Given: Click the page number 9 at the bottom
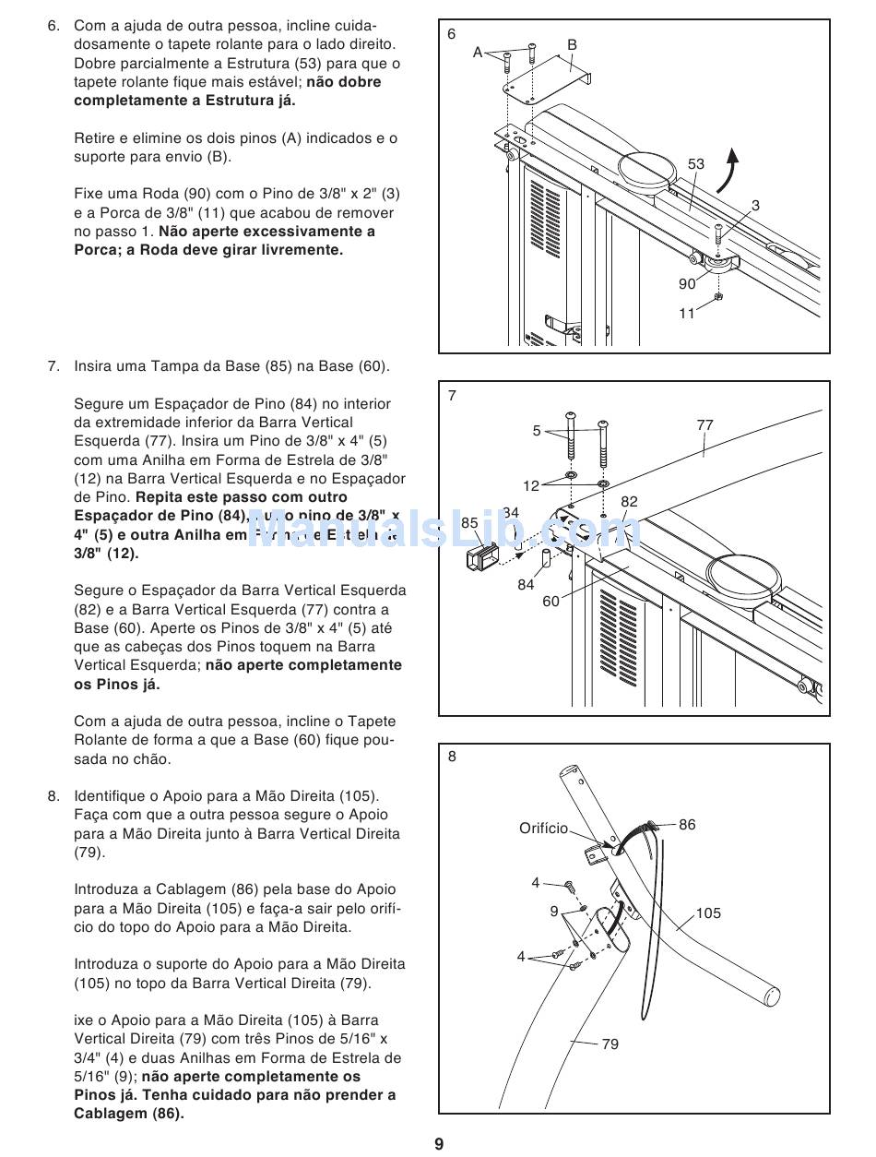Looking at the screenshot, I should point(439,1144).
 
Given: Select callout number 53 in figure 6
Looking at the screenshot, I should point(695,164).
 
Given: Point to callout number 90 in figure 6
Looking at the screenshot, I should point(687,284).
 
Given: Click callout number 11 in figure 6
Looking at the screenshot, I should point(687,314).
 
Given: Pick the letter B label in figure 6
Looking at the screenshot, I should point(572,44).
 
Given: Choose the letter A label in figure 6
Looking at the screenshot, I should point(478,53).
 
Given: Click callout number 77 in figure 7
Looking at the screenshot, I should point(705,425).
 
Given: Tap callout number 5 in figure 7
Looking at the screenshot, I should point(537,431).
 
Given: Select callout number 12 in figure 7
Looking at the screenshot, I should point(531,486).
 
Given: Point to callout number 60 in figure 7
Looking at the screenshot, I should point(550,602).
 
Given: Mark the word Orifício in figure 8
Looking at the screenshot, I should point(544,829).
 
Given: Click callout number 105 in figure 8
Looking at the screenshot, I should point(708,913).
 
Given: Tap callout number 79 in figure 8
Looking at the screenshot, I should point(610,1044).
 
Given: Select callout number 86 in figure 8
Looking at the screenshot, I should point(687,825).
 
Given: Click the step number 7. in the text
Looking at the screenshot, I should point(54,366).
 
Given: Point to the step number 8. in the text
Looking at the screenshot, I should point(54,795).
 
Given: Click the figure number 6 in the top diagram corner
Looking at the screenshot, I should point(452,34).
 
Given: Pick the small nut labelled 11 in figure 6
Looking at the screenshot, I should point(719,297).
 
